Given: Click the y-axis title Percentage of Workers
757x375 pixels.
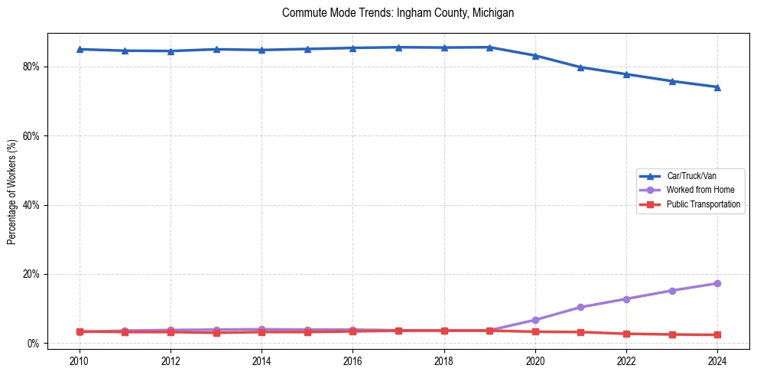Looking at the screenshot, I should pos(12,191).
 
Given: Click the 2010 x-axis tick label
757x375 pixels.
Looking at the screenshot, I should pos(80,360).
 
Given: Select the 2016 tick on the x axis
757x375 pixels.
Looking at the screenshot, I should pos(353,360).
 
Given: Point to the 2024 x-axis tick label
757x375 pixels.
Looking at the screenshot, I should pos(717,360).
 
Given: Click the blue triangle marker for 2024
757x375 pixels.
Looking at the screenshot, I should pos(717,87).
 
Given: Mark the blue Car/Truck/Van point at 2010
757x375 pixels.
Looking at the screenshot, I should pos(80,49).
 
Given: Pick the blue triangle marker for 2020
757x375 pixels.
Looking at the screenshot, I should pos(535,56).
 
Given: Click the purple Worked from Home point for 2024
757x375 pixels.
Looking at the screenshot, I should pos(717,283).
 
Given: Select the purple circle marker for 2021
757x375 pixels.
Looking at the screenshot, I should pos(580,307).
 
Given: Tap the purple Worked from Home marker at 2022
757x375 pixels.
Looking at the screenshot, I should pos(626,298).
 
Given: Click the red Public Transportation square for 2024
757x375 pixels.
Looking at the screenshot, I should pos(717,334).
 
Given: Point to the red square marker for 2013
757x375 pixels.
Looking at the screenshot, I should pos(216,332).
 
